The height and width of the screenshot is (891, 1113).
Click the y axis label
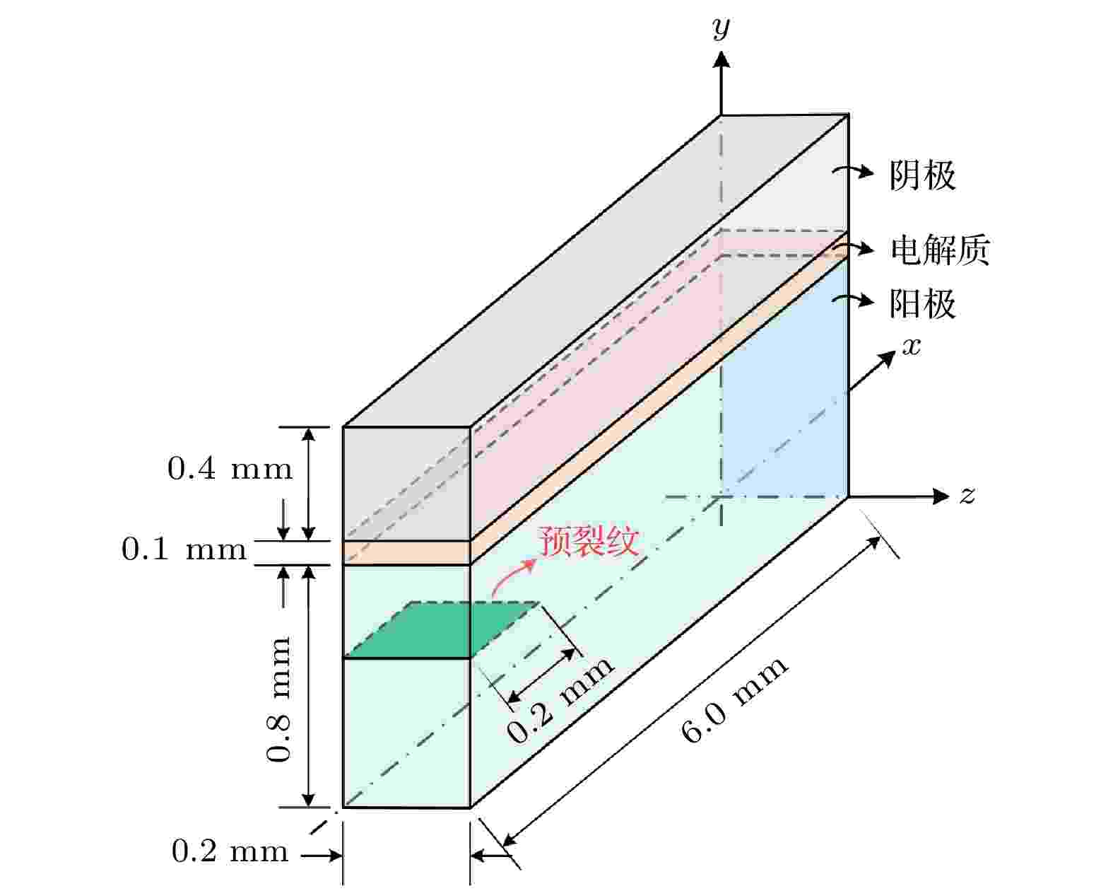pyautogui.click(x=721, y=28)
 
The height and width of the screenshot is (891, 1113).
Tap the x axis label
pyautogui.click(x=912, y=346)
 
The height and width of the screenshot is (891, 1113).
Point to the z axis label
pyautogui.click(x=967, y=495)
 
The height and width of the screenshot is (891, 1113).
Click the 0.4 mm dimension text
pyautogui.click(x=230, y=469)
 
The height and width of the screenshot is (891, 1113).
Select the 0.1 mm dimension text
pyautogui.click(x=184, y=549)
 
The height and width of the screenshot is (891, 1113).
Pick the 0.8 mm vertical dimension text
pyautogui.click(x=278, y=699)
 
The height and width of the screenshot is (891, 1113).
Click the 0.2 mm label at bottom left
pyautogui.click(x=230, y=851)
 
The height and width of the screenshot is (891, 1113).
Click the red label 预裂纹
pyautogui.click(x=589, y=542)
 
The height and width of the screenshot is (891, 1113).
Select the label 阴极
pyautogui.click(x=922, y=175)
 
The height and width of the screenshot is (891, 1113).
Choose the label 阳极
pyautogui.click(x=922, y=304)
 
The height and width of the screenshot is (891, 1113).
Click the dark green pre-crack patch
pyautogui.click(x=442, y=630)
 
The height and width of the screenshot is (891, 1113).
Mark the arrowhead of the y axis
pyautogui.click(x=721, y=59)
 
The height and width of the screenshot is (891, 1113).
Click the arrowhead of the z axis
pyautogui.click(x=941, y=496)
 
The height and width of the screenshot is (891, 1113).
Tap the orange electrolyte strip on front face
pyautogui.click(x=407, y=553)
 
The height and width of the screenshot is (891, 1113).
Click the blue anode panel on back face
pyautogui.click(x=784, y=378)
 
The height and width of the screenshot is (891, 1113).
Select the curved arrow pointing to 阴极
pyautogui.click(x=854, y=171)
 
